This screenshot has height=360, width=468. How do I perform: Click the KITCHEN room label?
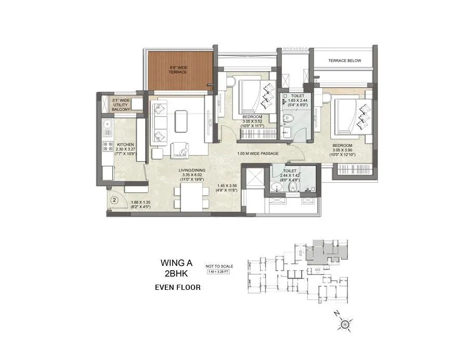click(x=125, y=144)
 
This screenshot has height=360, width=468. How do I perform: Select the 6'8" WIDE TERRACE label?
click(x=177, y=70)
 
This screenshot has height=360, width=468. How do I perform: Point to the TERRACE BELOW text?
click(x=344, y=61)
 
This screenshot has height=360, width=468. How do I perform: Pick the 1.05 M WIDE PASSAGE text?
click(x=258, y=154)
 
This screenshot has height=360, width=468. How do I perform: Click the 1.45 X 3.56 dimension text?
click(x=227, y=185)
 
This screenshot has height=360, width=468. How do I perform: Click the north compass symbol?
click(x=344, y=325)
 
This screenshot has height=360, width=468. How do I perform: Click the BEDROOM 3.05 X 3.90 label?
click(x=343, y=149)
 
